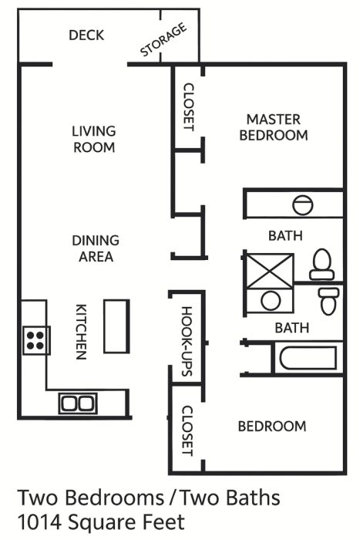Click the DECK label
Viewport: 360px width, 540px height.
[86, 35]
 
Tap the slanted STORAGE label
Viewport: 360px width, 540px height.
[163, 39]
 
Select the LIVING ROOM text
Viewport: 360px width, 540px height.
[94, 139]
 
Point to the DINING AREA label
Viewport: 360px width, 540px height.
[96, 248]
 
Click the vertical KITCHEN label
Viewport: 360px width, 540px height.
[81, 332]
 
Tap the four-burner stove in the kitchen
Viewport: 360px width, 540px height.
[36, 340]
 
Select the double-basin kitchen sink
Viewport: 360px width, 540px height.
[78, 403]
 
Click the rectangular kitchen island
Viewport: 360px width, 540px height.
[116, 326]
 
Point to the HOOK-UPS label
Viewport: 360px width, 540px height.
[187, 341]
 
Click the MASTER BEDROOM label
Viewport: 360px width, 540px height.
[274, 127]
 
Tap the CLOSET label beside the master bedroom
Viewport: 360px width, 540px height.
[189, 107]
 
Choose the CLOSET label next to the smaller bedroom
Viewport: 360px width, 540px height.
[187, 430]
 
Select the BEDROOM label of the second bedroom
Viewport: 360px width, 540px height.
[272, 427]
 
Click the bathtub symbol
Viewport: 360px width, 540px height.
[308, 358]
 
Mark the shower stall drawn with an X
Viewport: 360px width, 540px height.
[271, 272]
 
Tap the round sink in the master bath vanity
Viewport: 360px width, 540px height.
[303, 205]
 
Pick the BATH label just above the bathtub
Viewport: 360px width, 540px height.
[292, 328]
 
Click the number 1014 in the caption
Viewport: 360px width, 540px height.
[39, 522]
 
